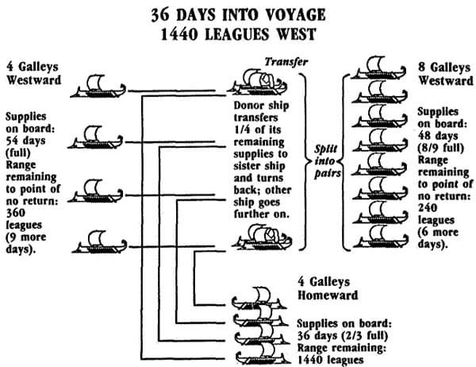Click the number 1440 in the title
[x=179, y=34]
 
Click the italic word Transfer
[x=286, y=62]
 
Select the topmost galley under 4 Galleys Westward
[x=98, y=87]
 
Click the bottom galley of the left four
[x=100, y=242]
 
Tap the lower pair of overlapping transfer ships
[x=262, y=238]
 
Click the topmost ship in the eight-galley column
[x=378, y=68]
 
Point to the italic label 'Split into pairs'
[x=327, y=161]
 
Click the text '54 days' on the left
[x=25, y=141]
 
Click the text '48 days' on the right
[x=438, y=136]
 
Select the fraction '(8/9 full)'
[x=441, y=148]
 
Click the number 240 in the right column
[x=428, y=208]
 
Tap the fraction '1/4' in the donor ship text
[x=243, y=129]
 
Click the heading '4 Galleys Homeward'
[x=328, y=288]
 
